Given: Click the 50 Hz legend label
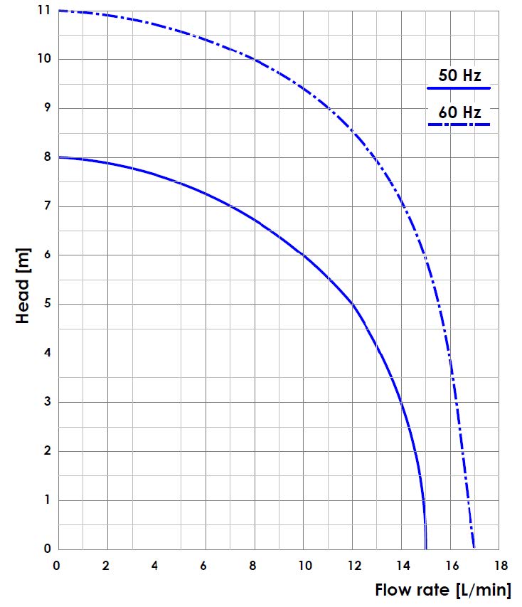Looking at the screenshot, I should pos(459,75).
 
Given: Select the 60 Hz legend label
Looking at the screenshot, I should pos(459,112).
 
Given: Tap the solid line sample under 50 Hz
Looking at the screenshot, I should pos(459,88).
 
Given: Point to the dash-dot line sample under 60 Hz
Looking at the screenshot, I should pos(459,125).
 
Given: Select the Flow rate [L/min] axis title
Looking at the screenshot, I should pos(442,590).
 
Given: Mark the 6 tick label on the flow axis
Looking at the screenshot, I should pos(206,566).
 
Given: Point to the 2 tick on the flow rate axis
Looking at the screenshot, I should pos(107,566).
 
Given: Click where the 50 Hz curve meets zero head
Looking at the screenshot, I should pos(425,549).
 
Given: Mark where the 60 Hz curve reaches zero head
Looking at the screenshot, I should pos(474,549).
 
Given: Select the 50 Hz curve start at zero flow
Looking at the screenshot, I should pos(59,157).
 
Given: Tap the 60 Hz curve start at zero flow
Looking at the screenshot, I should pos(59,11).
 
